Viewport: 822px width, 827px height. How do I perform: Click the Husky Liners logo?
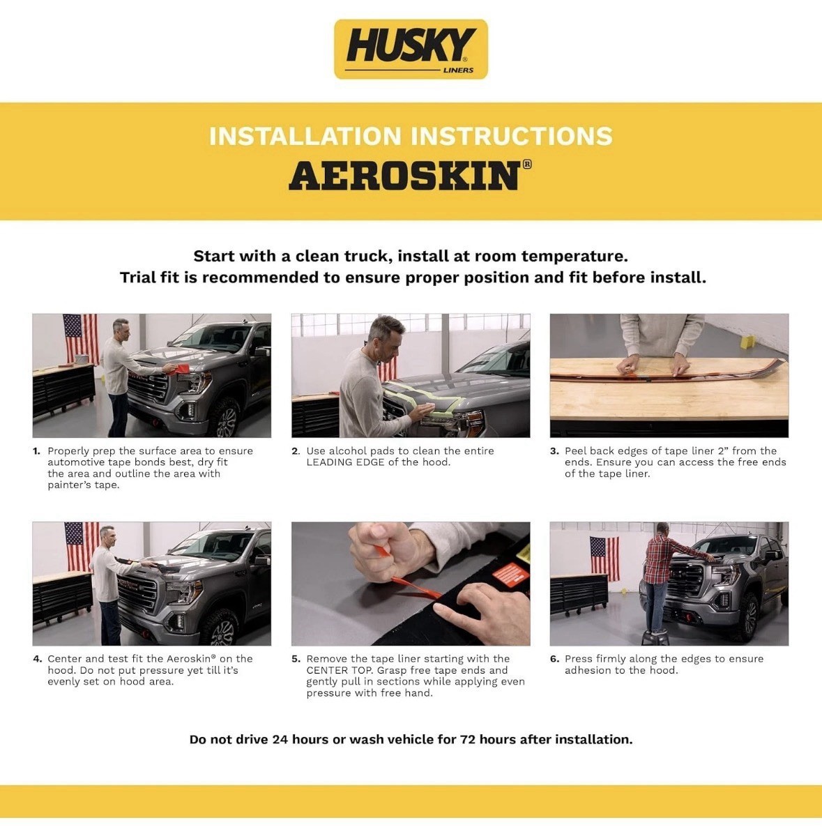click(x=411, y=49)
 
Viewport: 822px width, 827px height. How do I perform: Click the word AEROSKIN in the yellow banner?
click(x=404, y=176)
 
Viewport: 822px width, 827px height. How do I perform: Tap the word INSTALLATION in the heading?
click(x=305, y=136)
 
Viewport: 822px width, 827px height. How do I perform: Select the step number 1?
click(x=36, y=451)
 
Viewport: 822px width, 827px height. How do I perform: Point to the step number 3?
click(x=554, y=451)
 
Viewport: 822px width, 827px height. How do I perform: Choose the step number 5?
click(x=296, y=659)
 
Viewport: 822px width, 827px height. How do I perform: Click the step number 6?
click(x=554, y=659)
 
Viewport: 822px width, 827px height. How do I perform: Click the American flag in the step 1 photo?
click(x=80, y=338)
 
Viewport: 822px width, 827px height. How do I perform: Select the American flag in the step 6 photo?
click(x=604, y=558)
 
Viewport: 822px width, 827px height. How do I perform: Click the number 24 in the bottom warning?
click(x=280, y=739)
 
